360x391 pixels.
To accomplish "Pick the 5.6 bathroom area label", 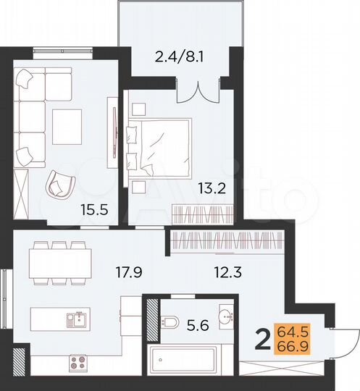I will (192, 327).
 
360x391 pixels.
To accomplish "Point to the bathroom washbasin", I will (226, 317).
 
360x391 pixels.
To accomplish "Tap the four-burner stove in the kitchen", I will (77, 360).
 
